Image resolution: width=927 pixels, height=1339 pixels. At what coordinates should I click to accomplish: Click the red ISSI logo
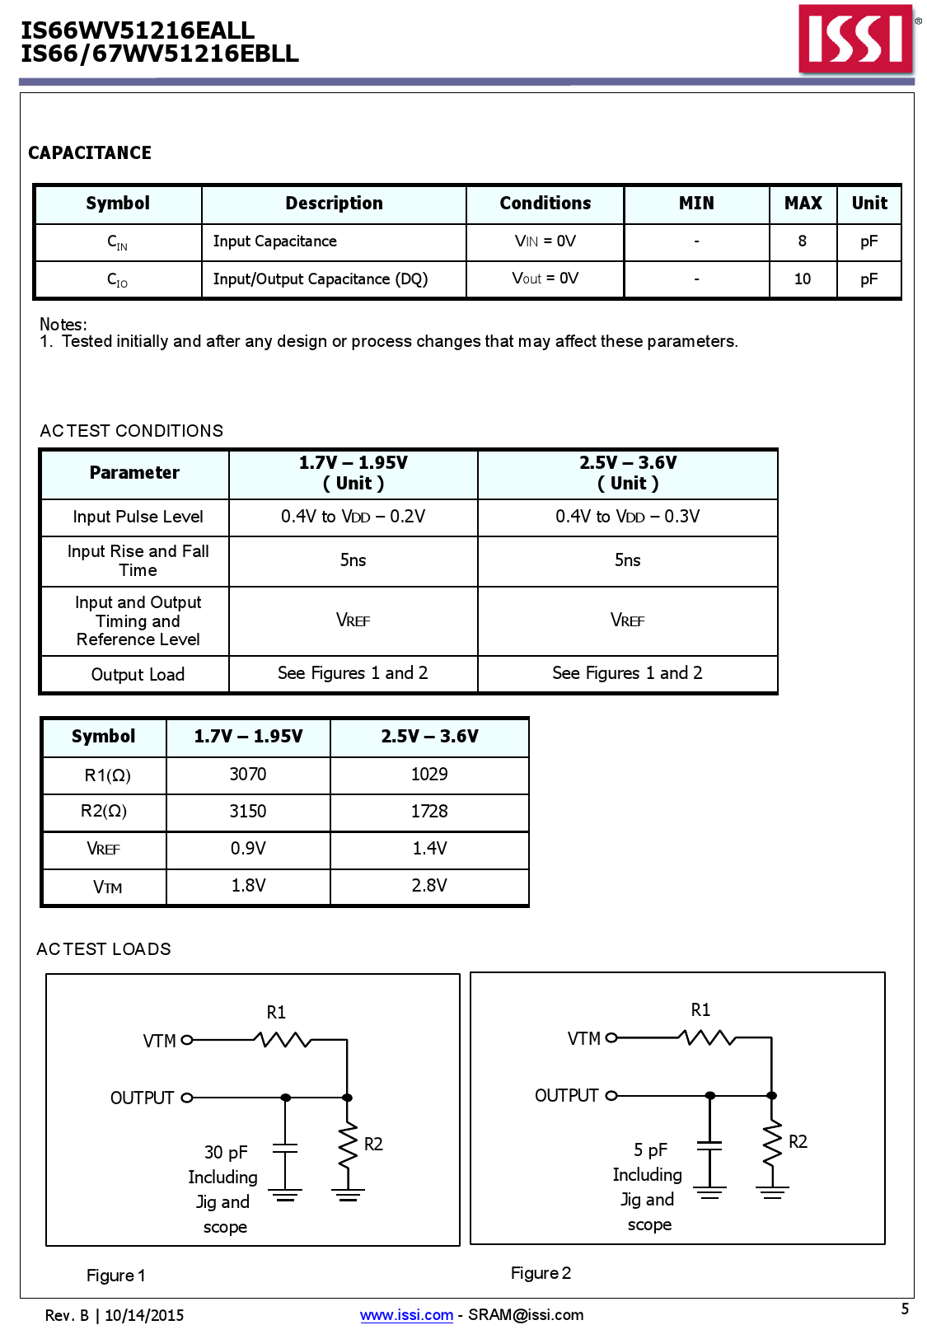pos(856,39)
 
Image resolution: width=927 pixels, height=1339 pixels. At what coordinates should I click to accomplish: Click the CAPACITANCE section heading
pos(90,153)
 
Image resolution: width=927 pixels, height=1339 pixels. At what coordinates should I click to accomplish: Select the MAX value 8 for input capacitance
pos(802,241)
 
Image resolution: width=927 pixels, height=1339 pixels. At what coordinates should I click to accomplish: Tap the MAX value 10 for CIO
pos(802,279)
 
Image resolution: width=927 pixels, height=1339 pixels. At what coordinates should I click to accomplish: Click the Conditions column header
pos(545,204)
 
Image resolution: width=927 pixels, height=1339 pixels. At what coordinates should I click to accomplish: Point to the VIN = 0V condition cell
pos(545,241)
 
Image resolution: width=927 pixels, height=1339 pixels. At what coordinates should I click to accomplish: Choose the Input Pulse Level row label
pos(138,517)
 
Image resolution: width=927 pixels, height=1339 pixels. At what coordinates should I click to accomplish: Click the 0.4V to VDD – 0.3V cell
pos(627,517)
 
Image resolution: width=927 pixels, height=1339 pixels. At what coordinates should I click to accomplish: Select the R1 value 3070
pos(248,775)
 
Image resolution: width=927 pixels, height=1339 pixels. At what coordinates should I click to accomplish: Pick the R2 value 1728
pos(429,812)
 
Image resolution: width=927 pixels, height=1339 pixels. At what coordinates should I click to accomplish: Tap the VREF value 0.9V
pos(248,849)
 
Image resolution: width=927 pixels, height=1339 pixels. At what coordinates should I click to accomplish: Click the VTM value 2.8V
pos(429,886)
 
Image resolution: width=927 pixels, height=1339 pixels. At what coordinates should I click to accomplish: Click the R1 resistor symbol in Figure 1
pos(284,1040)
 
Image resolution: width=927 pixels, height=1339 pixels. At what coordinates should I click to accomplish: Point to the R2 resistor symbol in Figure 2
pos(771,1142)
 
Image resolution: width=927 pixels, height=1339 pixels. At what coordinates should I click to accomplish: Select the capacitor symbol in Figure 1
pos(285,1148)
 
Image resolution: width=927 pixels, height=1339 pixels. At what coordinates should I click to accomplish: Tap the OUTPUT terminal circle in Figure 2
pos(611,1096)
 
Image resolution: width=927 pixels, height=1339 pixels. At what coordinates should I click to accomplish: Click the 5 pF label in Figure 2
pos(650,1150)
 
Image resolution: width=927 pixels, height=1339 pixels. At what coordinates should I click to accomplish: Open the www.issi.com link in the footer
pos(406,1315)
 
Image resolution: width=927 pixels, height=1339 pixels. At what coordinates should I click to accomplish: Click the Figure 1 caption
pos(116,1276)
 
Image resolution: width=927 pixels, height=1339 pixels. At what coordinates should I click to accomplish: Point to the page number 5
pos(905,1309)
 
